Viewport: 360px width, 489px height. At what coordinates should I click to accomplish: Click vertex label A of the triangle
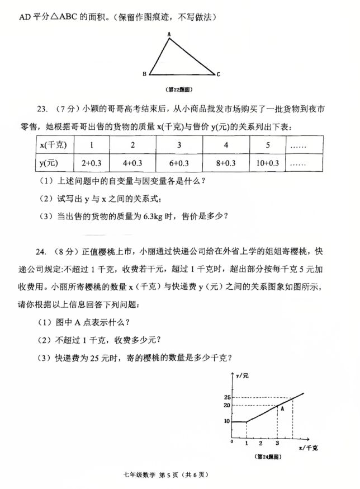tap(168, 35)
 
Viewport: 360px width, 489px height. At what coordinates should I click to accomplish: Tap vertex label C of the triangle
tap(219, 74)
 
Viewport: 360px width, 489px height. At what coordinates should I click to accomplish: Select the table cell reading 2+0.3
tap(91, 163)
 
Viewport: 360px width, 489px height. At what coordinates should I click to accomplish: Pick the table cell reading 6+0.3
tap(179, 163)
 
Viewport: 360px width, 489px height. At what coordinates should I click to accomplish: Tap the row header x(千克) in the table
tap(54, 145)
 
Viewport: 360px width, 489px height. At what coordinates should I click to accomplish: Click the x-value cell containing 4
tap(226, 145)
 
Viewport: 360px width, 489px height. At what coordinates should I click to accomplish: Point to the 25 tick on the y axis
tap(226, 397)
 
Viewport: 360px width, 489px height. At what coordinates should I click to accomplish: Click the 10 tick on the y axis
tap(226, 421)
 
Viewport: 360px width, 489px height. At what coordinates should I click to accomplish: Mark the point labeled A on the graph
tap(282, 408)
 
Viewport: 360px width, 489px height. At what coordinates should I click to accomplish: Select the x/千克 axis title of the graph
tap(309, 448)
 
